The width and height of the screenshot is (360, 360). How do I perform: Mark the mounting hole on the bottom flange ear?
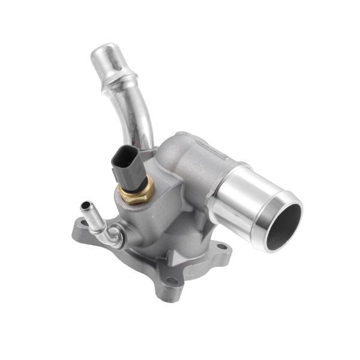(x=172, y=280)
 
